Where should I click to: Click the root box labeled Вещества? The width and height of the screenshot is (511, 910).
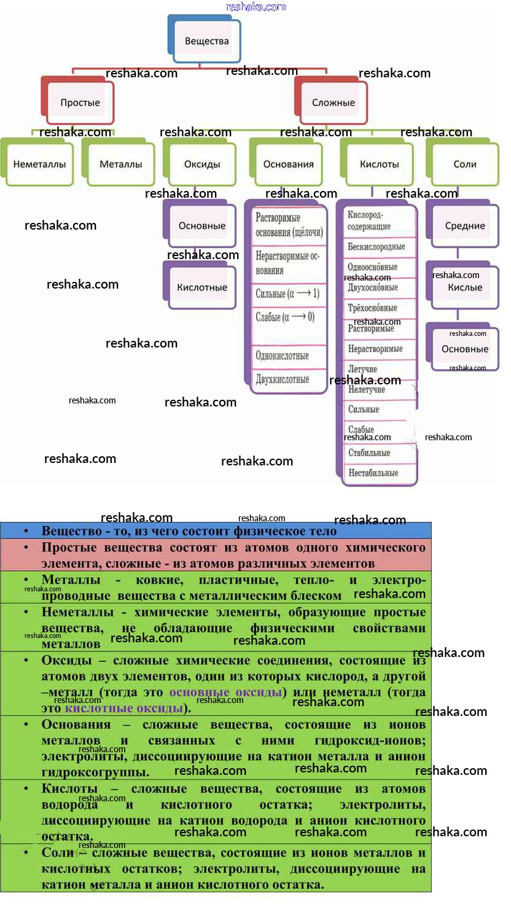(x=206, y=41)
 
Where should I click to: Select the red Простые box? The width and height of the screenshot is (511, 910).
(x=80, y=103)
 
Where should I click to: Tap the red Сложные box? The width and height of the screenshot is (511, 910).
(x=334, y=103)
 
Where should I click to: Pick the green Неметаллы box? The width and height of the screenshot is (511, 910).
(x=39, y=164)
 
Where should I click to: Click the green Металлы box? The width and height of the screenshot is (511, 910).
(x=121, y=164)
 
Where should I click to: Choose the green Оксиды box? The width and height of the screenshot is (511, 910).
(x=202, y=164)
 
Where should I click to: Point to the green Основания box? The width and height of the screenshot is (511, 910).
(x=289, y=164)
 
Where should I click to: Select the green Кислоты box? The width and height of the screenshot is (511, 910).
(x=380, y=164)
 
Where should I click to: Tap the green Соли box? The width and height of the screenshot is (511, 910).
(x=465, y=164)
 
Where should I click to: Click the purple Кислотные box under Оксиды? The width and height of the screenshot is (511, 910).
(x=202, y=287)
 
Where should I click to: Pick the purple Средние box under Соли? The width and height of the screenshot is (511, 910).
(x=465, y=225)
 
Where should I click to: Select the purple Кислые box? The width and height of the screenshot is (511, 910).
(x=465, y=287)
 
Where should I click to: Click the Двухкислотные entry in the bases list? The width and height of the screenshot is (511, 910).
(x=283, y=379)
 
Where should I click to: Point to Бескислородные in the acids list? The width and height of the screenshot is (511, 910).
(x=376, y=246)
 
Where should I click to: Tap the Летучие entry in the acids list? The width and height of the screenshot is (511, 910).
(x=362, y=369)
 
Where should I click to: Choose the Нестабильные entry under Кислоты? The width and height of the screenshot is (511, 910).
(x=373, y=473)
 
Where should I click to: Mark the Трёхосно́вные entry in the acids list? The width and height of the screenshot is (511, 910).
(x=373, y=308)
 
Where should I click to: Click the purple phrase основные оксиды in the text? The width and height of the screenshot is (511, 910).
(x=225, y=692)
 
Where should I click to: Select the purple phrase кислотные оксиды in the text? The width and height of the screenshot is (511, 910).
(x=124, y=708)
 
